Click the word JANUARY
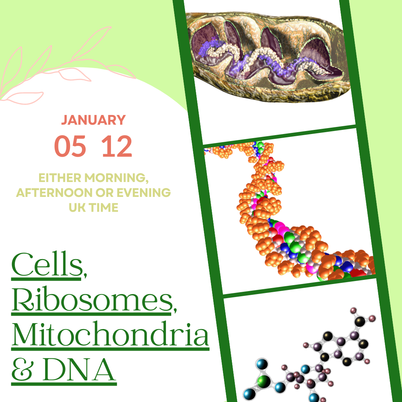pos(93,120)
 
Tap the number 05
pos(70,146)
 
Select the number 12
pos(117,146)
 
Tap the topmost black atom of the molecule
pos(360,320)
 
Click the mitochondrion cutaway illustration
pos(268,56)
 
